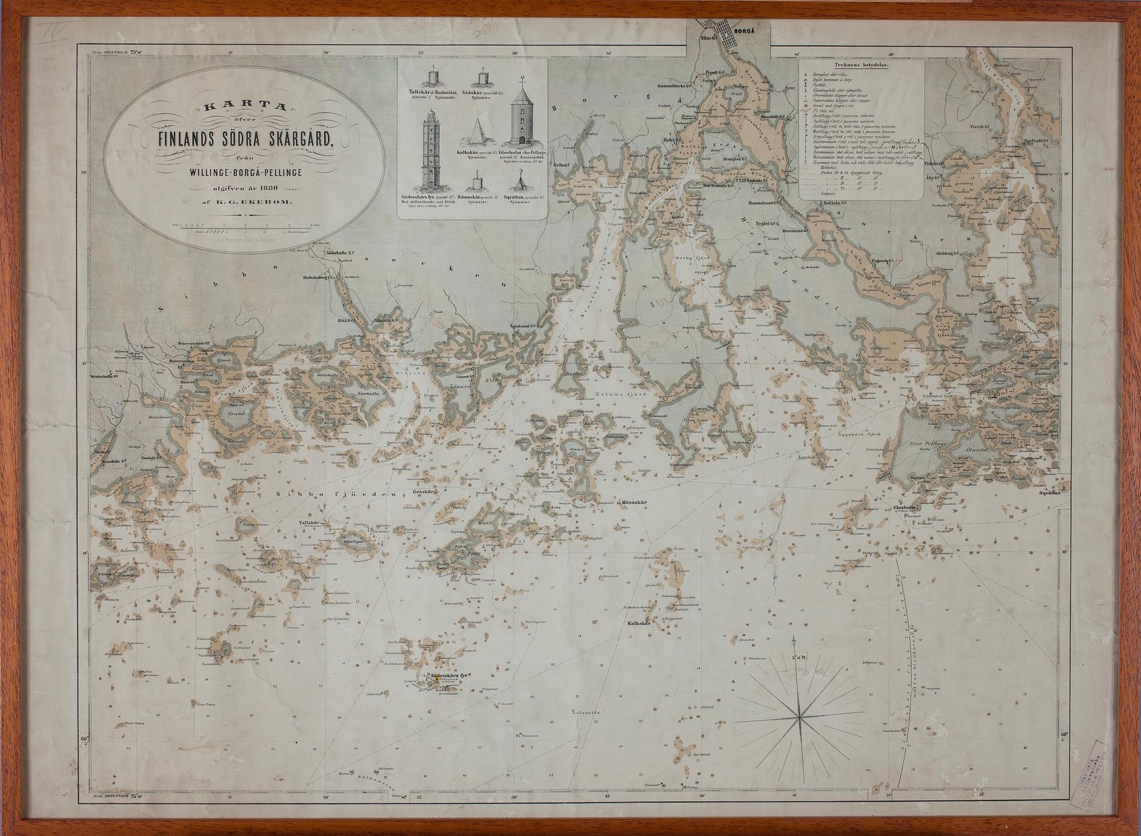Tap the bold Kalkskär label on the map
point(639,624)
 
